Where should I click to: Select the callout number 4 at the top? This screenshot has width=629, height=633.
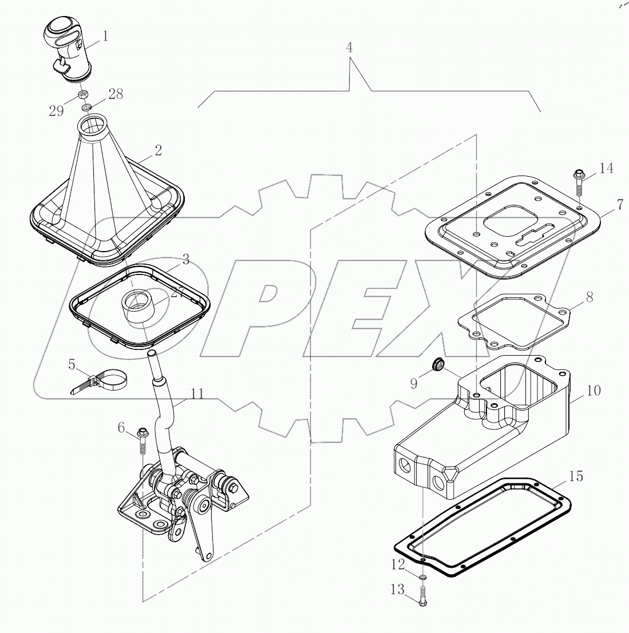(x=349, y=47)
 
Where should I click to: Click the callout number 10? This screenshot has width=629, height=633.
(x=594, y=391)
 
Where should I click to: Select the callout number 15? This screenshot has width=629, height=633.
(x=576, y=476)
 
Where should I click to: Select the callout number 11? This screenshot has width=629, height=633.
(x=197, y=393)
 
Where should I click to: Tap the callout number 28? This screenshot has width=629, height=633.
(x=116, y=94)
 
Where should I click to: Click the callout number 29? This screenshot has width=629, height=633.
(x=56, y=111)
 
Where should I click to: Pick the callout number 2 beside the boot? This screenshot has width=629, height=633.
(x=158, y=150)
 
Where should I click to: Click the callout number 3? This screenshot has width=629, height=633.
(x=185, y=260)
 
